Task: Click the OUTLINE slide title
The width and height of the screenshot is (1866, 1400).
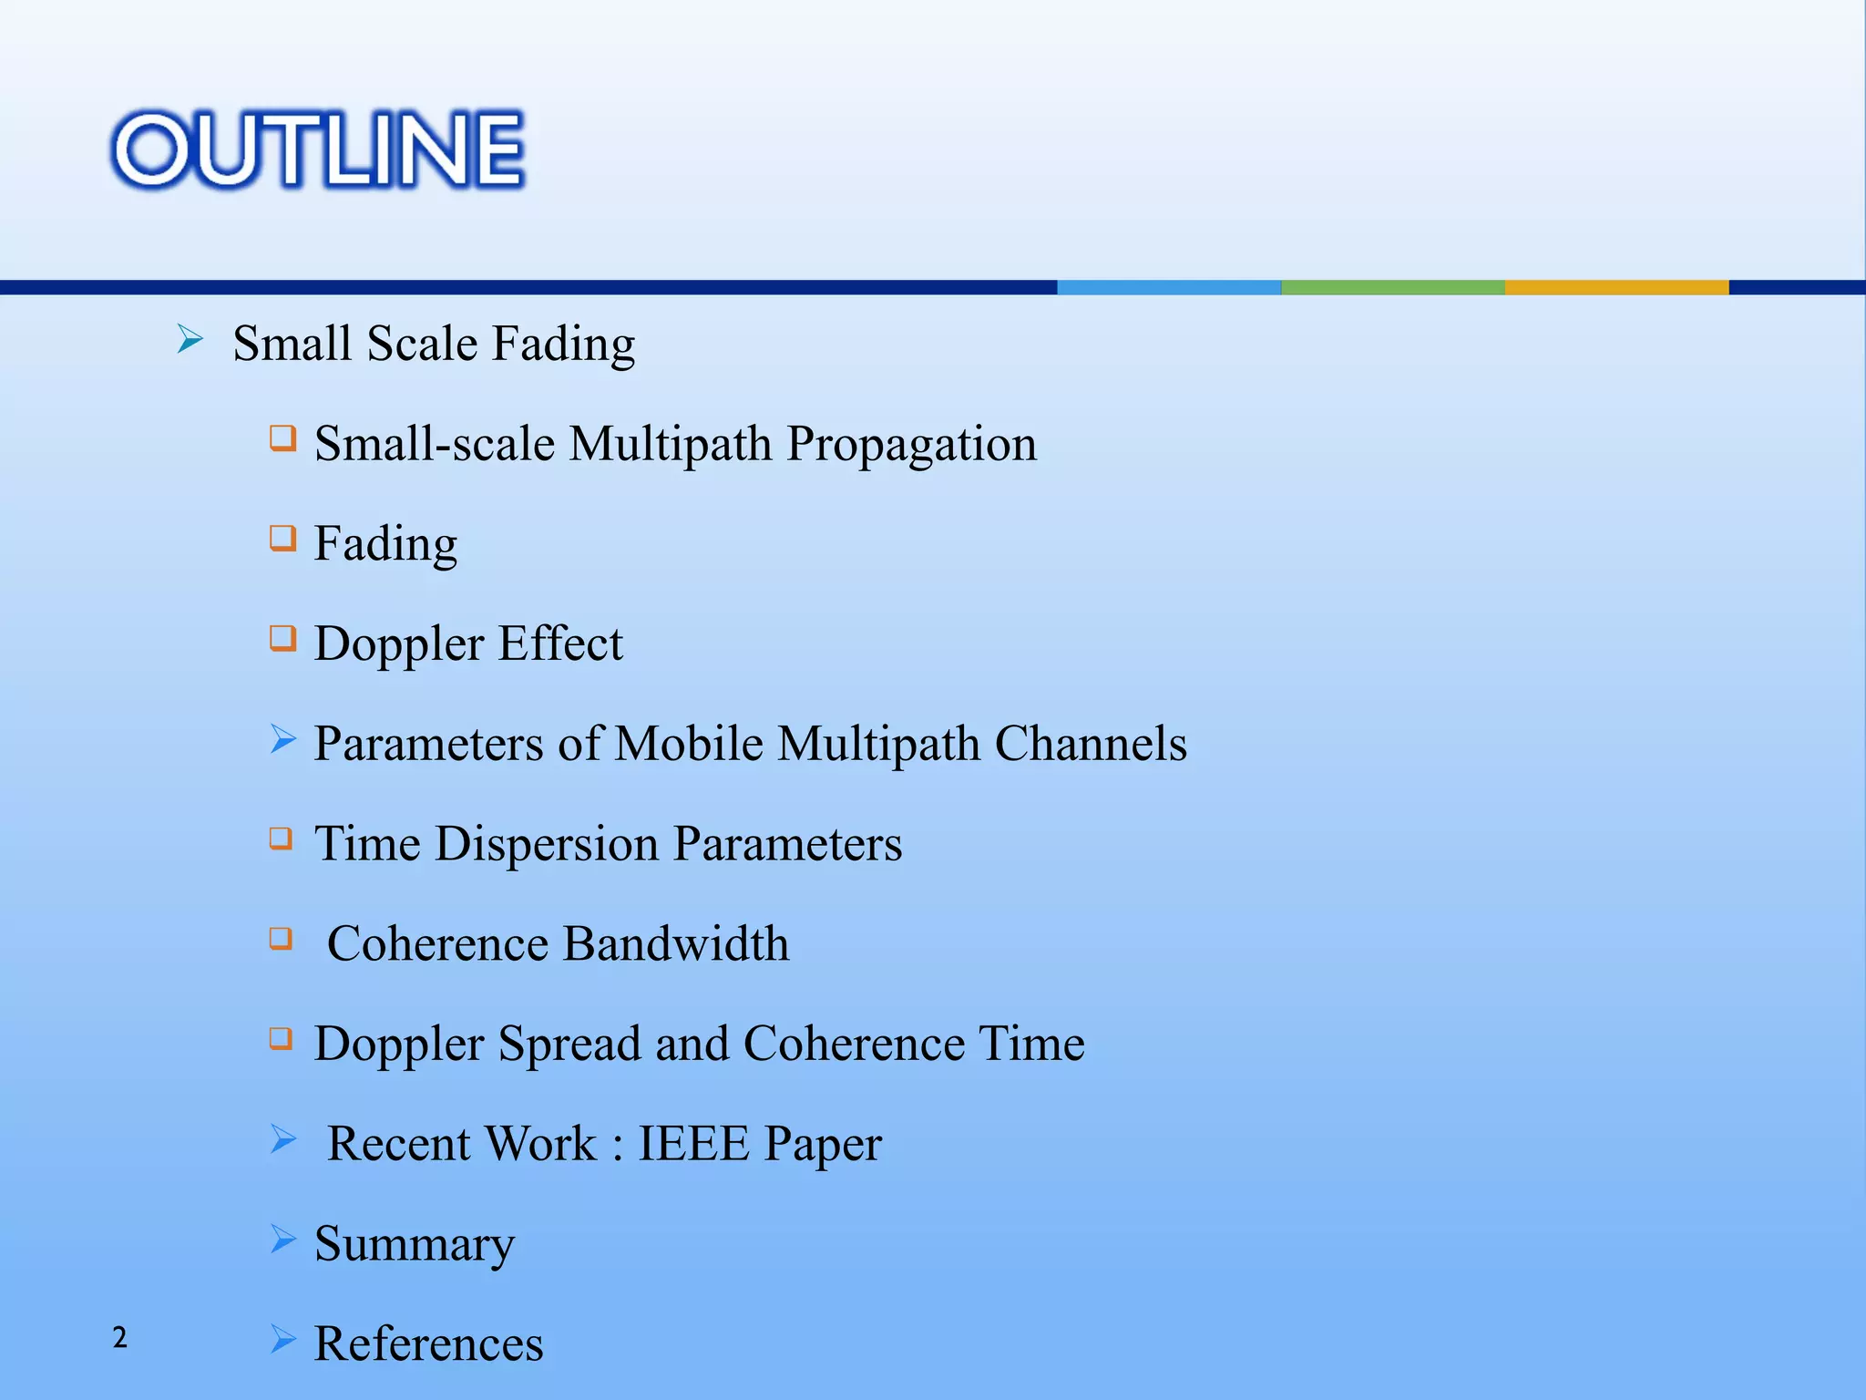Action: click(317, 150)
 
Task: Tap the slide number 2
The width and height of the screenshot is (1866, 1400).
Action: click(119, 1337)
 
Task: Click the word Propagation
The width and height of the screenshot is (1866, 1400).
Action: click(911, 445)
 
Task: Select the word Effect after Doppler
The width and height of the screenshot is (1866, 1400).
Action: click(560, 643)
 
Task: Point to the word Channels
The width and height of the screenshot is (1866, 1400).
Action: click(1091, 744)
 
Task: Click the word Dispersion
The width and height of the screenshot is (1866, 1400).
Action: click(547, 844)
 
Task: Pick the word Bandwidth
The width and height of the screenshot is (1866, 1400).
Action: click(675, 943)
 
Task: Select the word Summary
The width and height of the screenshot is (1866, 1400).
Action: click(415, 1244)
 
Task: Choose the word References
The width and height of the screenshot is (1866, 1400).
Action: click(428, 1344)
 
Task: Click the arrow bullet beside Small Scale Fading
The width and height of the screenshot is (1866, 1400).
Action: click(190, 340)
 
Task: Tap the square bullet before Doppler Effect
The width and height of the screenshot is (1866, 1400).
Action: click(282, 638)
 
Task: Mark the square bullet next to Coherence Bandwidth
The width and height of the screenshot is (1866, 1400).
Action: click(282, 938)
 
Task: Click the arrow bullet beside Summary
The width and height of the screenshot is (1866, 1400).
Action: click(283, 1239)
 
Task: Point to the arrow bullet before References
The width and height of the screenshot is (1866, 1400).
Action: click(283, 1339)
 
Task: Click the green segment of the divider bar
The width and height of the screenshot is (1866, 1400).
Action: click(1392, 287)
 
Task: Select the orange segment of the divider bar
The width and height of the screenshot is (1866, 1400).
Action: click(1616, 287)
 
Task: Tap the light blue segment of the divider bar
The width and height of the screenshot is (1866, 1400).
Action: click(1169, 287)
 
